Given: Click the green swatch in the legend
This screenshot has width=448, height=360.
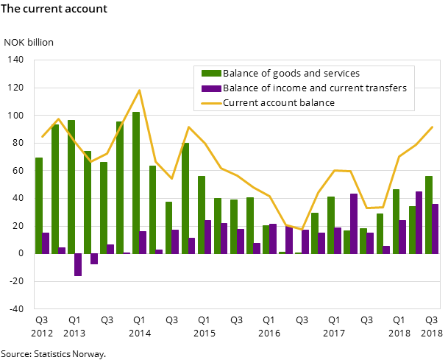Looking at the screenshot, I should [212, 73].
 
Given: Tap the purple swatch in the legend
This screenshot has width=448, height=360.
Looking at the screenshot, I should [212, 88].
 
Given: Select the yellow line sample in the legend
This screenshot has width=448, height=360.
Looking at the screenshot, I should [212, 102].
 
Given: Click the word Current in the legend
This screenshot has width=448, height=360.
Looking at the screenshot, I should [240, 102].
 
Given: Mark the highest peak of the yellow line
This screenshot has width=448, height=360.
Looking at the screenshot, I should [139, 91].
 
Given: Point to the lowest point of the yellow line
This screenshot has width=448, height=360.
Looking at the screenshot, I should [302, 230].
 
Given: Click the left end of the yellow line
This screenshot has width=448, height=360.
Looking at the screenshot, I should [42, 136].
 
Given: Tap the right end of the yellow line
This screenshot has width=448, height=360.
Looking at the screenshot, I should [432, 127].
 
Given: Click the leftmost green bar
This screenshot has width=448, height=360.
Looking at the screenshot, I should [39, 205].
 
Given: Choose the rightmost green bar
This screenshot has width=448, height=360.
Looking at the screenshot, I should [428, 214].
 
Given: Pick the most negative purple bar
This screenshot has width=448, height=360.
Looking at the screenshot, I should [78, 264].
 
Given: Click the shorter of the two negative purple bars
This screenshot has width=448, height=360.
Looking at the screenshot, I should [94, 258].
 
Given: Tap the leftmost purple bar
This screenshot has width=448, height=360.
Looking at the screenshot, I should [46, 243].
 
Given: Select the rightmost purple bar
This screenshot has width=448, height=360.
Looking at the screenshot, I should [435, 228].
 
